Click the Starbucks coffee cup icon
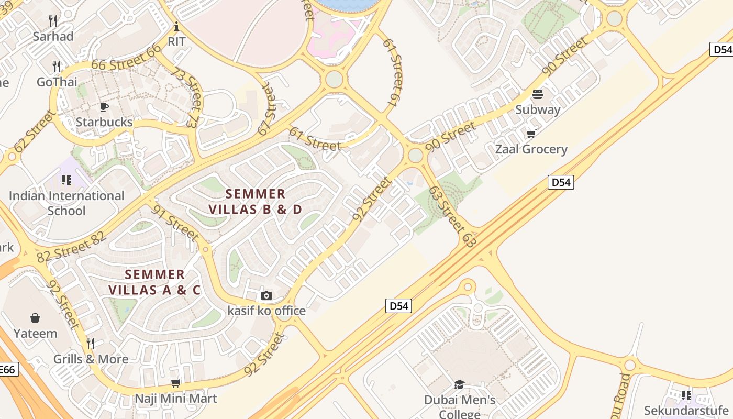[104, 107]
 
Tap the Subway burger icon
[538, 95]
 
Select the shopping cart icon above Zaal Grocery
[531, 134]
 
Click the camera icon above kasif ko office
[266, 296]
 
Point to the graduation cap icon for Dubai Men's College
[459, 385]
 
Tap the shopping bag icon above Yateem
[35, 318]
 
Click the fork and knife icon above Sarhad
[53, 21]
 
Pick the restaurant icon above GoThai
[57, 67]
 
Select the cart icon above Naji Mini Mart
[176, 383]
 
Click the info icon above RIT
[176, 26]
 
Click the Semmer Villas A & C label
[154, 282]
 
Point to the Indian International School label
[66, 203]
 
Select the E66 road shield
[7, 369]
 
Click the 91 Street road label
[175, 223]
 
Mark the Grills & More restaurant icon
[91, 344]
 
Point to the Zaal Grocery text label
[531, 149]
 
